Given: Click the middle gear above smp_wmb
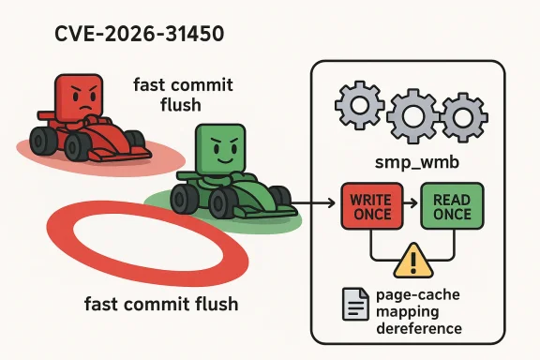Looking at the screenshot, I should click(412, 114).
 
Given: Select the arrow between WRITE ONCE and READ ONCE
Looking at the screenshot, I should click(412, 204).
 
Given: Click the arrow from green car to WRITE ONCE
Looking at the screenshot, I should click(319, 202).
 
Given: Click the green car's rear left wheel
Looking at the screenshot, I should click(184, 198).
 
